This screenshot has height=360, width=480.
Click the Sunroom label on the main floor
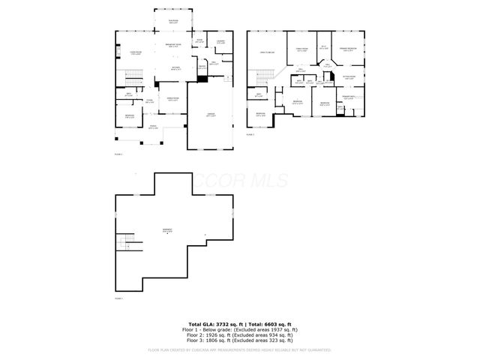(x=173, y=21)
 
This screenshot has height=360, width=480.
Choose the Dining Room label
(x=172, y=98)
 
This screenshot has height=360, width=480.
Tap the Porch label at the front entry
(x=153, y=126)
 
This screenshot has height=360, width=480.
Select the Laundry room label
(x=221, y=40)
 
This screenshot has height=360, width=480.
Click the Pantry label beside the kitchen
(x=202, y=67)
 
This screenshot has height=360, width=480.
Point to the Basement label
(x=166, y=231)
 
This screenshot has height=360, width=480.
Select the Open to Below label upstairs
(x=266, y=51)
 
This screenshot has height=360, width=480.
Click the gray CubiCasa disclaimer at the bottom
(x=239, y=350)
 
